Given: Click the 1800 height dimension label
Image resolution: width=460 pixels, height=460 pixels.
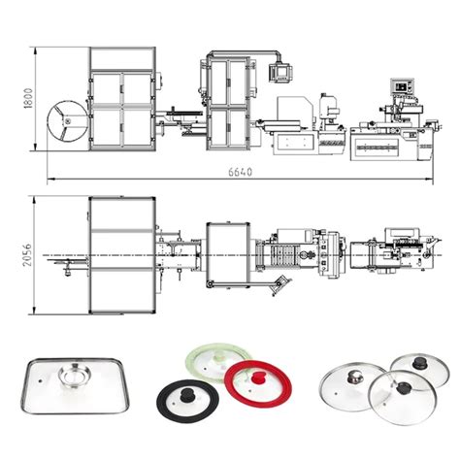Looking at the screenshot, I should [30, 100].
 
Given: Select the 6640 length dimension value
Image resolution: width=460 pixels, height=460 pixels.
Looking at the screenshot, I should [242, 172].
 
